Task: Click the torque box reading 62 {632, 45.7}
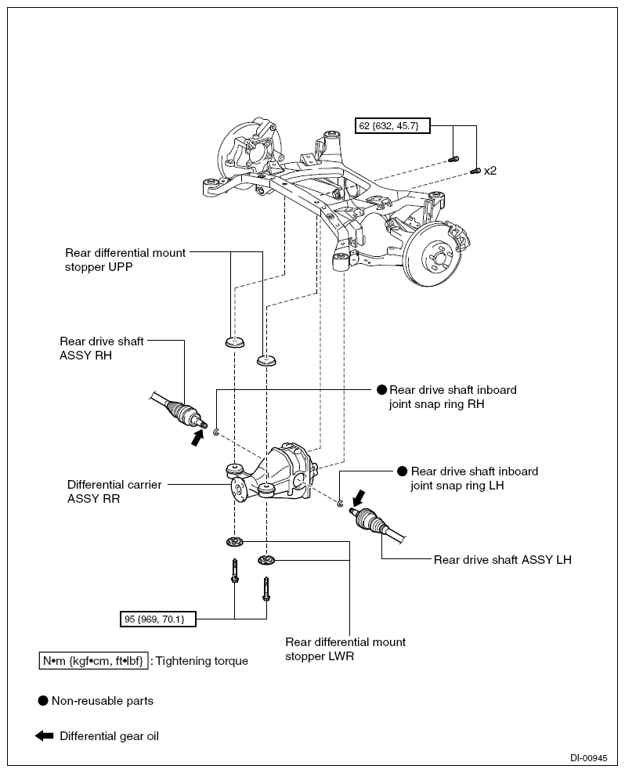392,126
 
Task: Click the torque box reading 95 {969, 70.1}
157,619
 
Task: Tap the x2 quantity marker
490,171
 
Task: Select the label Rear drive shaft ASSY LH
502,559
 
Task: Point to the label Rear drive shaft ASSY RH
102,348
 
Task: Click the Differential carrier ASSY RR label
114,492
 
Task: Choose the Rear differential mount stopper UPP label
125,260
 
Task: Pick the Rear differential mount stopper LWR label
345,648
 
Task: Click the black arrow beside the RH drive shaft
197,437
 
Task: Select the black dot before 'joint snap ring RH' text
382,389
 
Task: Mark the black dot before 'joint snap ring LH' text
403,471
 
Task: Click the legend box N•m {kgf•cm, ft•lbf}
93,660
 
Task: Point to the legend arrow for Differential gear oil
44,736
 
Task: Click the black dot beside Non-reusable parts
43,700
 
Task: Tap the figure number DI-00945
589,758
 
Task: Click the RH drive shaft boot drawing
179,412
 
